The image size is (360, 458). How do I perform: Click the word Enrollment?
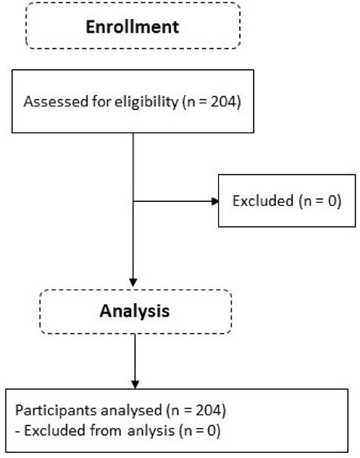tap(132, 28)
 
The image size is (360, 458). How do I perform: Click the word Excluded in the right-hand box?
tap(255, 202)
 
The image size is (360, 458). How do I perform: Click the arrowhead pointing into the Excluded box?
tap(213, 202)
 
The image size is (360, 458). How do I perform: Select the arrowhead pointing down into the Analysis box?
tap(133, 284)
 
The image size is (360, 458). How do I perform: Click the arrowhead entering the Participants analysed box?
tap(133, 384)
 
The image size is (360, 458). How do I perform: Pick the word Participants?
tap(49, 413)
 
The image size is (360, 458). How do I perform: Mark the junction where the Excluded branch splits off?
tap(133, 202)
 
